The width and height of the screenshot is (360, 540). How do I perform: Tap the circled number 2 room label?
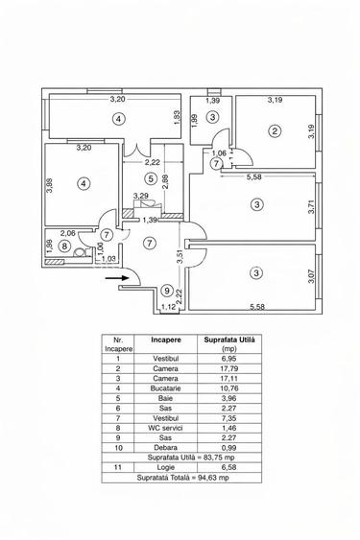(x=275, y=131)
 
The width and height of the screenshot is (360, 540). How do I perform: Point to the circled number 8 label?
(x=64, y=246)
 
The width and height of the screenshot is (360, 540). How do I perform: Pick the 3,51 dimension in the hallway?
(x=179, y=256)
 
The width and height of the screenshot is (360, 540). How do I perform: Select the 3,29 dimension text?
(x=139, y=198)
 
